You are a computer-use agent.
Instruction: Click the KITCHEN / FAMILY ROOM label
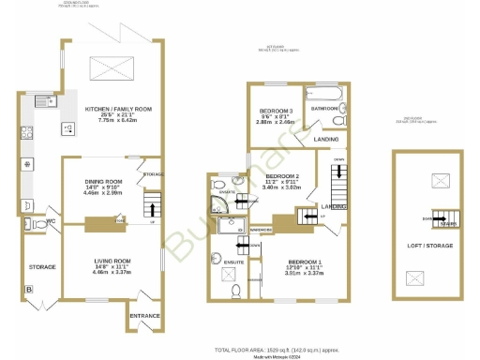(x=108, y=109)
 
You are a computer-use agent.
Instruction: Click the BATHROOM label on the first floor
(x=325, y=109)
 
